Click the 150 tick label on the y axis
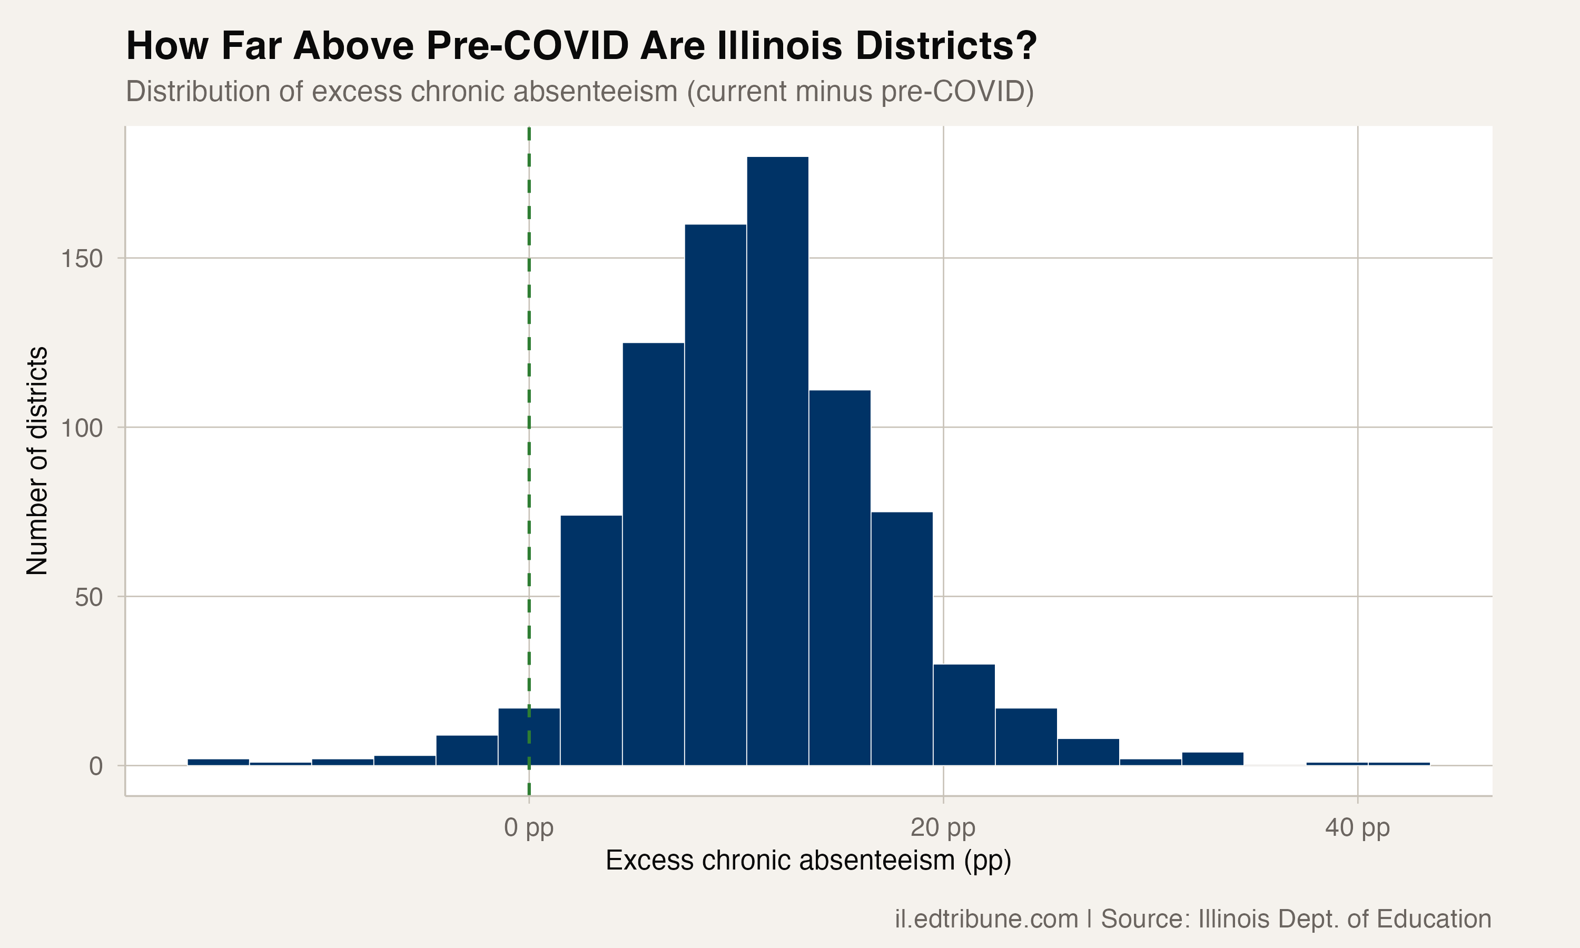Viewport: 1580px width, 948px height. click(x=82, y=259)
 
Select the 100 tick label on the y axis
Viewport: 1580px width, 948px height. click(x=82, y=428)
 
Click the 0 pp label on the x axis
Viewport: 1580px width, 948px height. click(x=529, y=827)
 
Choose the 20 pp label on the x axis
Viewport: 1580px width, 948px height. click(x=943, y=827)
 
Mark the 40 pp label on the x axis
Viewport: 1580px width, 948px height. click(x=1357, y=827)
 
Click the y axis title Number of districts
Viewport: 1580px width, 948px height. click(x=37, y=460)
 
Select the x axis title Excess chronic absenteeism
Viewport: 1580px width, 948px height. click(x=808, y=861)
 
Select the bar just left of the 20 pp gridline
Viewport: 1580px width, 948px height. click(x=901, y=638)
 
